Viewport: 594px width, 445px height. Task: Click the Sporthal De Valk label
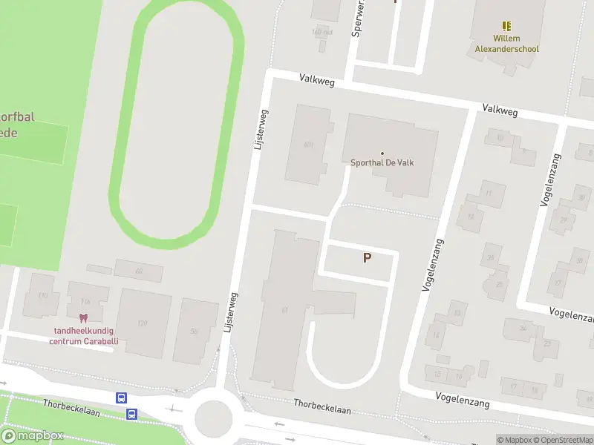(382, 163)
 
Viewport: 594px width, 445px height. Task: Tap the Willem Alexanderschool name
(507, 44)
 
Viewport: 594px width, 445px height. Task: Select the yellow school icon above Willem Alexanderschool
(507, 26)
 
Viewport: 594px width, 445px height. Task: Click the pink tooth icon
(83, 317)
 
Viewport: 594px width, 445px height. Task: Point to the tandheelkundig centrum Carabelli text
(84, 337)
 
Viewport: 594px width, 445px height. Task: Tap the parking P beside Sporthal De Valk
(366, 257)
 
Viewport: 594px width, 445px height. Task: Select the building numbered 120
(143, 323)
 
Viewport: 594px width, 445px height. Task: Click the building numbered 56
(195, 331)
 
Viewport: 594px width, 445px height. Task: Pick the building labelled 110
(42, 296)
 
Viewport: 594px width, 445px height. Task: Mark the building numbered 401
(309, 145)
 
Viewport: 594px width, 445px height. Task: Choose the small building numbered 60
(139, 271)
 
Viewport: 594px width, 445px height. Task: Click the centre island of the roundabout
(214, 418)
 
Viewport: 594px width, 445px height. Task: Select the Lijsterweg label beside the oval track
(261, 131)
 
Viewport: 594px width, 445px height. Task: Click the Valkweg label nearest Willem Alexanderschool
(499, 108)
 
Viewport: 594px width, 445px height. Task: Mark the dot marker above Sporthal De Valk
(382, 154)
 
